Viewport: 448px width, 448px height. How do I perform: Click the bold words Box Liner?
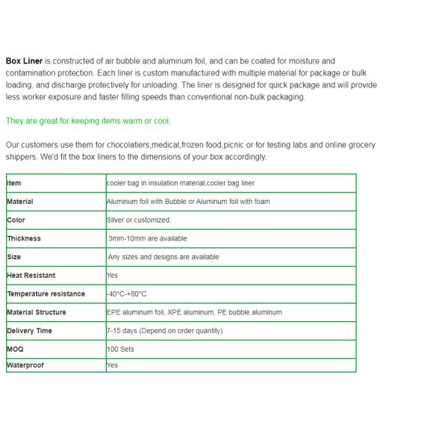[x=24, y=60]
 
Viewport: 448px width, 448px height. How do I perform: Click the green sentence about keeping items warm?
[x=88, y=121]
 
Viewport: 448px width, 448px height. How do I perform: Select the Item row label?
[x=14, y=183]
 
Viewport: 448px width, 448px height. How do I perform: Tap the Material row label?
[x=20, y=202]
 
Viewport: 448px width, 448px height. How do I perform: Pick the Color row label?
[x=16, y=220]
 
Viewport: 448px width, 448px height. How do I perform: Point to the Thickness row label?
[x=24, y=238]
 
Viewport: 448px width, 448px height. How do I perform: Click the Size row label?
[x=14, y=257]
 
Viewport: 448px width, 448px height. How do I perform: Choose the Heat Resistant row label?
[x=31, y=276]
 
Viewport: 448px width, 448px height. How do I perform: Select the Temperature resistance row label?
[x=46, y=294]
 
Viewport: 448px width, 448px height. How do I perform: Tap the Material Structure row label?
[x=37, y=312]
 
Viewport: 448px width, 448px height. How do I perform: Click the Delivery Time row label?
[x=30, y=331]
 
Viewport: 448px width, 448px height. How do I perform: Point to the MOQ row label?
[x=15, y=349]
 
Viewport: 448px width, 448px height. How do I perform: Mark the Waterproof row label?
[x=25, y=365]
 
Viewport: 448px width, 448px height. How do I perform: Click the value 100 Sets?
[x=121, y=349]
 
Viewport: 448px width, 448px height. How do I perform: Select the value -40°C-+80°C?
[x=127, y=294]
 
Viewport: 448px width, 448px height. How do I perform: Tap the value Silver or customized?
[x=139, y=220]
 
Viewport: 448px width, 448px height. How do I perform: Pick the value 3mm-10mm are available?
[x=148, y=238]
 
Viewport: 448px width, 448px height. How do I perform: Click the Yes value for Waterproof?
[x=113, y=365]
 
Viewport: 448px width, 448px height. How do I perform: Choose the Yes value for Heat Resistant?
[x=113, y=276]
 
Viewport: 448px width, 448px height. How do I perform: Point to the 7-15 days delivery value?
[x=164, y=331]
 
